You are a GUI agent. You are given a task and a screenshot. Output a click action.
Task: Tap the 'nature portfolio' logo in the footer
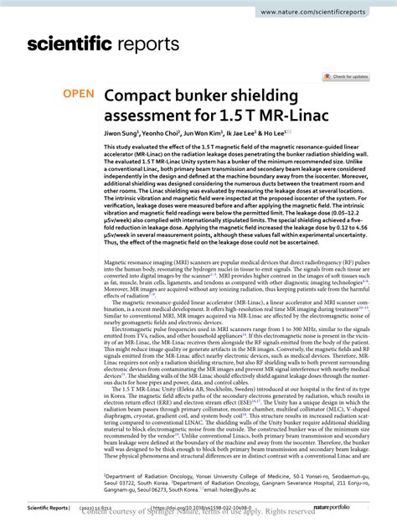pos(361,509)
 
